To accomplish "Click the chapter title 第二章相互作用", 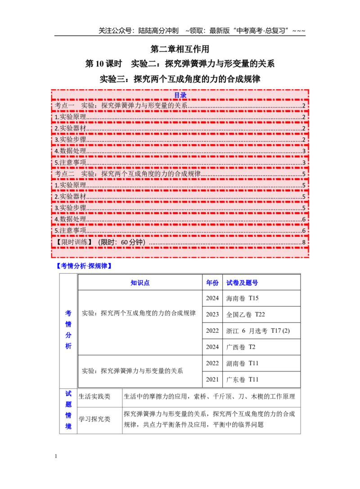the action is pyautogui.click(x=180, y=49).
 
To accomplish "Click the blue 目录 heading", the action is pyautogui.click(x=180, y=95).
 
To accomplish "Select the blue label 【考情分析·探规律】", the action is pyautogui.click(x=84, y=266).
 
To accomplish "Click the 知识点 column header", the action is pyautogui.click(x=140, y=283).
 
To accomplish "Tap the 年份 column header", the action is pyautogui.click(x=212, y=283).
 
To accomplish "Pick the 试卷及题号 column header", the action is pyautogui.click(x=242, y=283).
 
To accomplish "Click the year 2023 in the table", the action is pyautogui.click(x=212, y=314).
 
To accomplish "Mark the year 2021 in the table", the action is pyautogui.click(x=212, y=380).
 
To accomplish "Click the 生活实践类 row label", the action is pyautogui.click(x=94, y=396).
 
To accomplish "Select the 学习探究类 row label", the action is pyautogui.click(x=94, y=419).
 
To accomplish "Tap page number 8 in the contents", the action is pyautogui.click(x=304, y=242).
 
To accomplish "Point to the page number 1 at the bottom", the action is pyautogui.click(x=56, y=456).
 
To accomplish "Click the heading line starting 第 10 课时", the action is pyautogui.click(x=180, y=63).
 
